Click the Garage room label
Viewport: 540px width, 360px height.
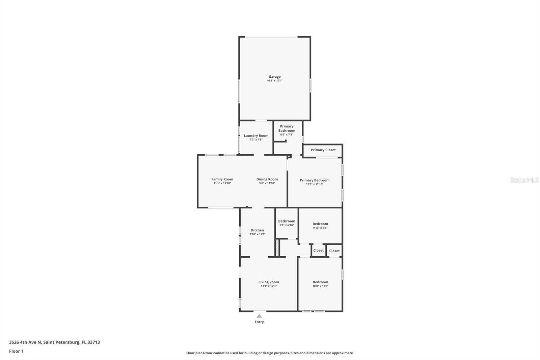click(x=274, y=77)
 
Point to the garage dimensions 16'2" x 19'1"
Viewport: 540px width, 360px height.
click(x=274, y=81)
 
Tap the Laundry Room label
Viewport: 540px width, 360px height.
click(x=256, y=136)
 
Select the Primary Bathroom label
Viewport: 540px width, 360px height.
click(x=287, y=128)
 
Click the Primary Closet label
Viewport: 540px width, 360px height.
click(x=323, y=150)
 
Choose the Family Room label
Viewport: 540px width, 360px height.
click(x=222, y=179)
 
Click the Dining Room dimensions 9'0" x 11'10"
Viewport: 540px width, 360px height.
click(x=267, y=183)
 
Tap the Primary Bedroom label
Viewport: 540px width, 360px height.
click(x=314, y=180)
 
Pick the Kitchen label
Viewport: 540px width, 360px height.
click(x=257, y=230)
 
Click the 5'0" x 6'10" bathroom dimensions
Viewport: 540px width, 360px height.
click(x=287, y=225)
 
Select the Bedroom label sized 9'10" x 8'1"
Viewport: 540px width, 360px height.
click(x=320, y=224)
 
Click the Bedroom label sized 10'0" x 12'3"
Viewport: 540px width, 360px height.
click(x=320, y=282)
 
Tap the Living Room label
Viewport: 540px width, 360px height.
click(x=269, y=282)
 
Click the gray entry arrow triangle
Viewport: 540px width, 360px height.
click(x=259, y=316)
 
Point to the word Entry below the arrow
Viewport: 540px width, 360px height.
click(x=259, y=322)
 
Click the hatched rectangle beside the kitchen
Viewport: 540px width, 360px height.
click(x=277, y=248)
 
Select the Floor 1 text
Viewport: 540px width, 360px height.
click(x=16, y=351)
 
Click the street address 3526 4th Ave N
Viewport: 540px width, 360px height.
click(x=25, y=342)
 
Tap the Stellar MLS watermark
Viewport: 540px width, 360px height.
click(x=524, y=180)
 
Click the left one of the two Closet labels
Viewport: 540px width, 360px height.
click(x=318, y=251)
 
